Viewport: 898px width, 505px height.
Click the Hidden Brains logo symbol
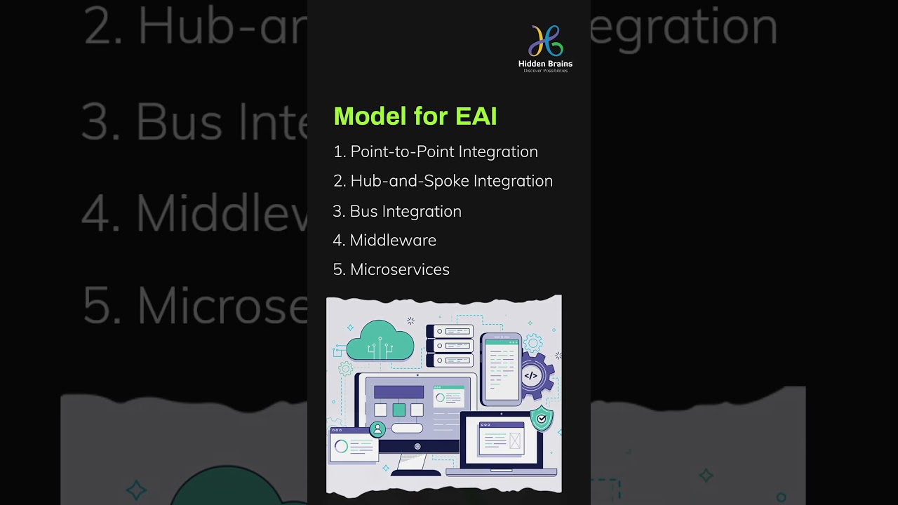[x=545, y=41]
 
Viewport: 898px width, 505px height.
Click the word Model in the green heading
[x=370, y=116]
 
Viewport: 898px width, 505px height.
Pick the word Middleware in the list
[x=393, y=240]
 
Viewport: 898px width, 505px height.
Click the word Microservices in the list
[x=399, y=269]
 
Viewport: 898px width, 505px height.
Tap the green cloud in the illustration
[x=380, y=342]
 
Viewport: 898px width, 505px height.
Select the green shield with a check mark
[x=541, y=419]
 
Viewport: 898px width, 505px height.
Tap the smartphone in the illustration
[x=501, y=369]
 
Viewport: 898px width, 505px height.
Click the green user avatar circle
[x=377, y=429]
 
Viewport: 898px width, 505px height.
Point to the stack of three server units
[x=450, y=346]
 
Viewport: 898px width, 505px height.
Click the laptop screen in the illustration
[x=501, y=440]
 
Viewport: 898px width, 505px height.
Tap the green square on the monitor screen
[x=398, y=410]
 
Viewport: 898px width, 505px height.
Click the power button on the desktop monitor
[x=417, y=447]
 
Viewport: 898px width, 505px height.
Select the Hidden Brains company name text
[x=545, y=64]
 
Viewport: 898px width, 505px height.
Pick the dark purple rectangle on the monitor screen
[x=398, y=392]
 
